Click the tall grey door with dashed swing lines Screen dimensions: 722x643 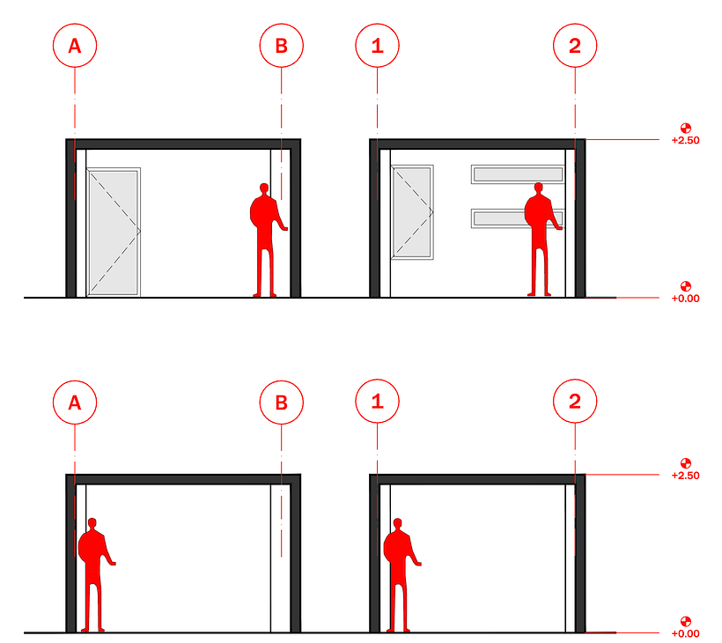[114, 233]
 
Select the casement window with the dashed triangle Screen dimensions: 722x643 [412, 212]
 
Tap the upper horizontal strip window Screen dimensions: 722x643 [518, 174]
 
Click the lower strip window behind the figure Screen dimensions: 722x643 [518, 218]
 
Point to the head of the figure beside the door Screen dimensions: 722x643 [264, 188]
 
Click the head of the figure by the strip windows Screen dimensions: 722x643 [538, 188]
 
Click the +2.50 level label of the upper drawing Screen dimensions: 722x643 [685, 140]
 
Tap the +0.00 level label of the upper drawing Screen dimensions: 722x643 [685, 299]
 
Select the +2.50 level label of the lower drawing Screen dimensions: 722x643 [685, 476]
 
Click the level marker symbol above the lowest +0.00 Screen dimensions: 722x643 [686, 621]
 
